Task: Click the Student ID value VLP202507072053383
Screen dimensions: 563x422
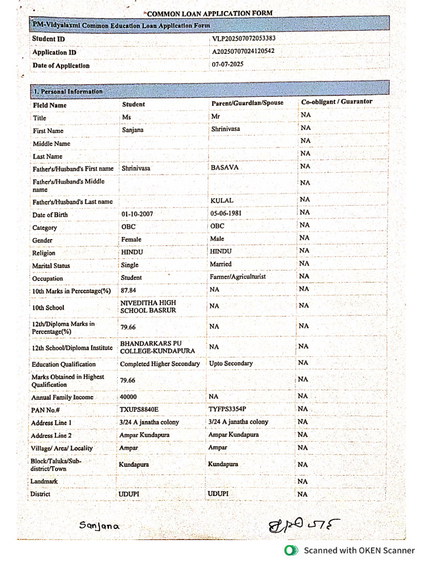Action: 243,38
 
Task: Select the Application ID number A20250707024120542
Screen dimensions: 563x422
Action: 243,51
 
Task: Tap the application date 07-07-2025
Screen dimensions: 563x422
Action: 227,64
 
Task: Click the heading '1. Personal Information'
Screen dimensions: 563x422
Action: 68,91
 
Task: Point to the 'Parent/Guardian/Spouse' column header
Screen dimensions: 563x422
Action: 243,103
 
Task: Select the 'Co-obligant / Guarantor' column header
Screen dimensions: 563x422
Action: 336,102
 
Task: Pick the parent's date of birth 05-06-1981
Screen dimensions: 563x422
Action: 225,213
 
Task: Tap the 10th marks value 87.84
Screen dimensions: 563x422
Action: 128,290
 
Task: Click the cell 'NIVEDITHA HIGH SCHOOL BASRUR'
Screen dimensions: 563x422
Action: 148,307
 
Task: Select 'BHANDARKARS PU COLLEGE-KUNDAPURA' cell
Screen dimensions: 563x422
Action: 157,347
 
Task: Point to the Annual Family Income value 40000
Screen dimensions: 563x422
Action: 128,397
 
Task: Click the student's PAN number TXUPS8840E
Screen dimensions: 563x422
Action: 138,410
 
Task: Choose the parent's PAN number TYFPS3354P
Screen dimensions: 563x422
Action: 227,409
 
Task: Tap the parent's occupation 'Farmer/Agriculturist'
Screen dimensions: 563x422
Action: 237,277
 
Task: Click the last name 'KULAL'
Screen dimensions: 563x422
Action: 222,201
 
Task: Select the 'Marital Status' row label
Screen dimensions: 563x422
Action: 51,266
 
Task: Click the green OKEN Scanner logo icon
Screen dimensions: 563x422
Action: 290,550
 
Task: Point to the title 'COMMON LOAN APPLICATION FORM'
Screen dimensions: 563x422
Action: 209,13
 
